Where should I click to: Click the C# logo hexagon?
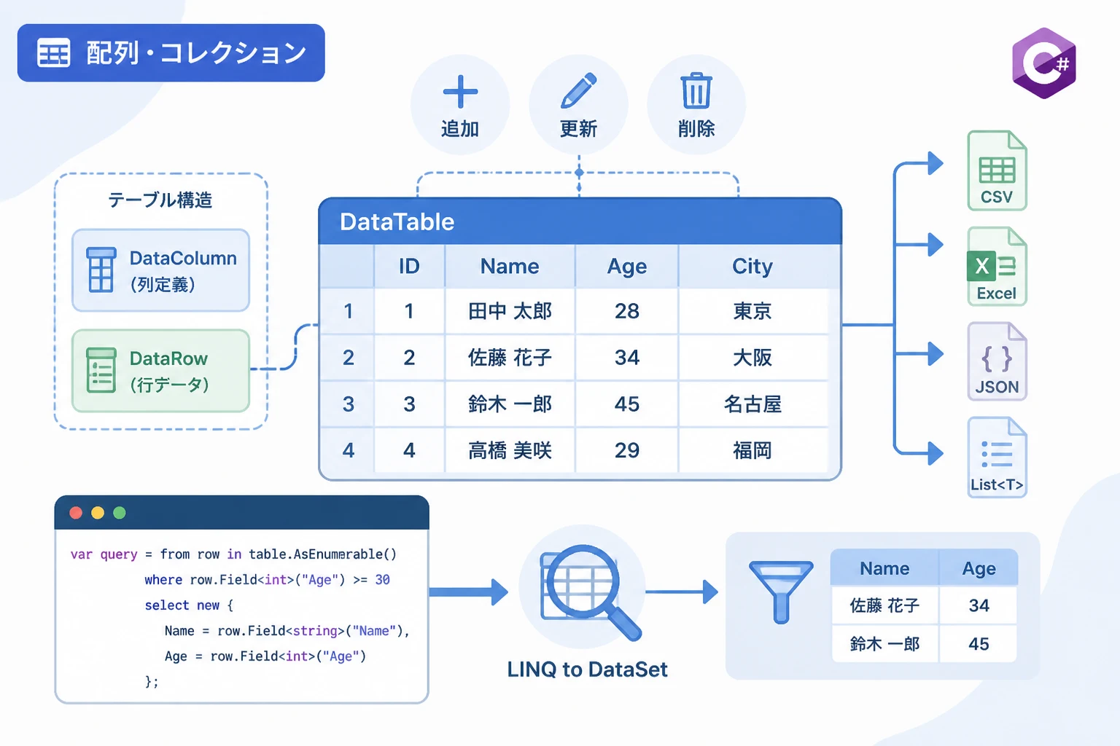click(x=1044, y=63)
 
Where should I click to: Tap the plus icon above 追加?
click(x=460, y=92)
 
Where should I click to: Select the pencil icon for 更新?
click(x=578, y=90)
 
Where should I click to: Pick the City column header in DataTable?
click(x=752, y=267)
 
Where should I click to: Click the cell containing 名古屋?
click(x=752, y=404)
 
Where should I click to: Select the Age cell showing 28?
click(x=626, y=311)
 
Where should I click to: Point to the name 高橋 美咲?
click(x=510, y=451)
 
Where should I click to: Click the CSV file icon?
click(x=997, y=170)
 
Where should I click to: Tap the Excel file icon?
click(x=997, y=267)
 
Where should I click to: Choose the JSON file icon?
click(x=997, y=361)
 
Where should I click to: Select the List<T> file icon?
click(x=997, y=457)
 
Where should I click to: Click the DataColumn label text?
click(x=183, y=259)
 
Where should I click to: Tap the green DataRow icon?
click(x=101, y=370)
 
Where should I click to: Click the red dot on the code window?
click(x=76, y=513)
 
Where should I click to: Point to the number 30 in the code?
click(x=383, y=580)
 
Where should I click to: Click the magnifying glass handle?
click(x=624, y=624)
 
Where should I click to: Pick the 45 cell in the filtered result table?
click(x=979, y=644)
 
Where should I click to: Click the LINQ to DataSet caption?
click(x=588, y=670)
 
